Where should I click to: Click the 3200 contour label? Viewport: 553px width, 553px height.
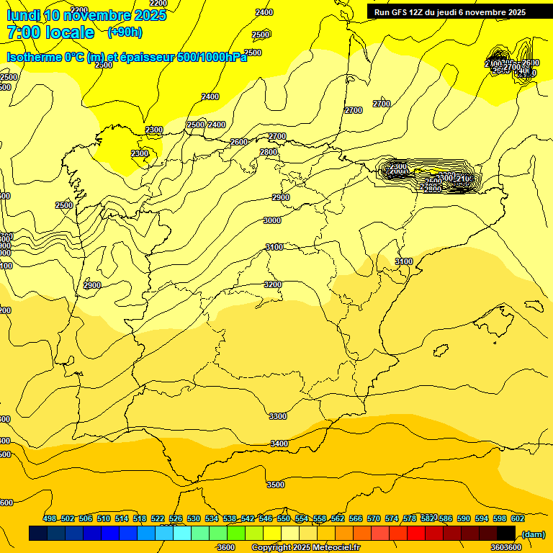tap(273, 284)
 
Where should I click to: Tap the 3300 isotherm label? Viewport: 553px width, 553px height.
tap(277, 416)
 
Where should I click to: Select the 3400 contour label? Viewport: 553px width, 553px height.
tap(279, 444)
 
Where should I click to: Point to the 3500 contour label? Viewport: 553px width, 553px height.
tap(276, 485)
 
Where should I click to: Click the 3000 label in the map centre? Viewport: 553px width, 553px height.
tap(272, 221)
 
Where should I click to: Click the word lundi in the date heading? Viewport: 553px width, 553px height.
tap(23, 15)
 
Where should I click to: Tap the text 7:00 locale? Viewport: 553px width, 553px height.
tap(50, 32)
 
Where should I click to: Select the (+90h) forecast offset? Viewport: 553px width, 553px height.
tap(125, 32)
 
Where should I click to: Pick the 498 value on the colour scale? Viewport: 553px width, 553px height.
tap(50, 518)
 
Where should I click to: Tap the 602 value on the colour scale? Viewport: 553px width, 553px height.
tap(518, 518)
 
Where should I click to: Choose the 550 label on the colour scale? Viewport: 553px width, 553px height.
tap(284, 518)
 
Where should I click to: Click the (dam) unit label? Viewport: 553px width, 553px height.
tap(533, 534)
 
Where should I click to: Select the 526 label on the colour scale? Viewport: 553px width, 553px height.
tap(176, 518)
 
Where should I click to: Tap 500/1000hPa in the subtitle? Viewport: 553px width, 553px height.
tap(212, 58)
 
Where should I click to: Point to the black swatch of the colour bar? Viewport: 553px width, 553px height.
tap(506, 533)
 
